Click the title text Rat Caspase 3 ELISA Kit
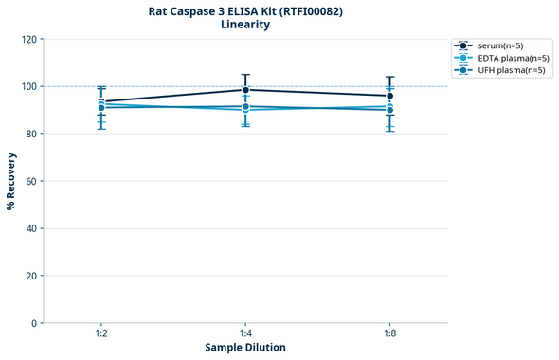pos(245,10)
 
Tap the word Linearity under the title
pos(245,25)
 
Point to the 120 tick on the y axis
pos(29,39)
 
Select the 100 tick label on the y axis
pos(29,86)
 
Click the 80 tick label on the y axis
pos(31,134)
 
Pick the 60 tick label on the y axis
pos(31,181)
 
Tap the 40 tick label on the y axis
pos(31,228)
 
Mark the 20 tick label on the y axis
pos(31,276)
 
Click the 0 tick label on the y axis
pos(34,323)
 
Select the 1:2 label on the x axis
pos(101,334)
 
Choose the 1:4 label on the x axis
pos(245,334)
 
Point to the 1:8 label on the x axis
pos(389,334)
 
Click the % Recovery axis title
pos(11,181)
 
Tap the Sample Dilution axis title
pos(245,348)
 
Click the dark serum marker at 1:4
pos(245,90)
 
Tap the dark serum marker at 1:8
pos(389,96)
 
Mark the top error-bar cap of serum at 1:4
pos(245,75)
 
